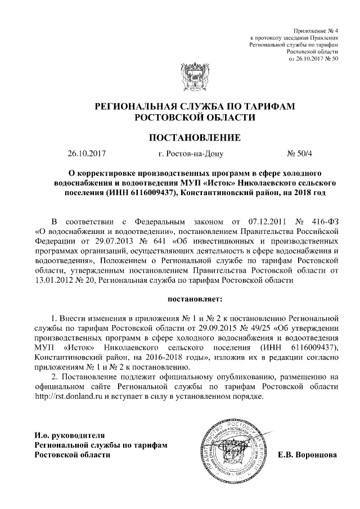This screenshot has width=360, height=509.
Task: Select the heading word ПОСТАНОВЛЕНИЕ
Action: [x=195, y=137]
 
